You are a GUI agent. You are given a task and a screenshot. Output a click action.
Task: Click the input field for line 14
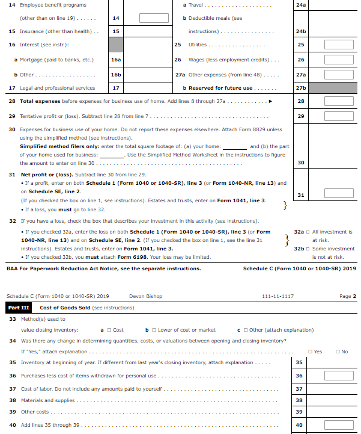[x=154, y=18]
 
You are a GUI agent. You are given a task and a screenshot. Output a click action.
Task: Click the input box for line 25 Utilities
[x=339, y=45]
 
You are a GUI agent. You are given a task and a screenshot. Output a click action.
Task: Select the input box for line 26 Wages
[x=339, y=60]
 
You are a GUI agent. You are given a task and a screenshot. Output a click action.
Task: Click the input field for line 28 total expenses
[x=339, y=101]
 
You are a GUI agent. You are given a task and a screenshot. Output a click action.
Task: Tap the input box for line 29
[x=339, y=116]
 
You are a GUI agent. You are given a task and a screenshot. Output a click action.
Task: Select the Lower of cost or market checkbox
[x=155, y=330]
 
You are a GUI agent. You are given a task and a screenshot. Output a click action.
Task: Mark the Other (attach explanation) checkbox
[x=246, y=330]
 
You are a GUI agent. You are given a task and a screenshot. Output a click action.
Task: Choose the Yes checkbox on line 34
[x=310, y=352]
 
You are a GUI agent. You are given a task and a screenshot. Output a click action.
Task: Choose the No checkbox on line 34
[x=338, y=352]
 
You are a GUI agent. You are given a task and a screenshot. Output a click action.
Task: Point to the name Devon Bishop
[x=145, y=296]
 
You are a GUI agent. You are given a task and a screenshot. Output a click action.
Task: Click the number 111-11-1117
[x=278, y=296]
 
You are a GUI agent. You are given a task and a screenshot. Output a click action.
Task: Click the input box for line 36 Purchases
[x=339, y=376]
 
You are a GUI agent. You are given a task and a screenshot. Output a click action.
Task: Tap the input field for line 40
[x=339, y=425]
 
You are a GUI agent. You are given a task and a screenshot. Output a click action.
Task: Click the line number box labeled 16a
[x=116, y=60]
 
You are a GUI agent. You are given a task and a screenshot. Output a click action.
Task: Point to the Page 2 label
[x=347, y=296]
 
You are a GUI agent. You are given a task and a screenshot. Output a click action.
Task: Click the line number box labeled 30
[x=301, y=163]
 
